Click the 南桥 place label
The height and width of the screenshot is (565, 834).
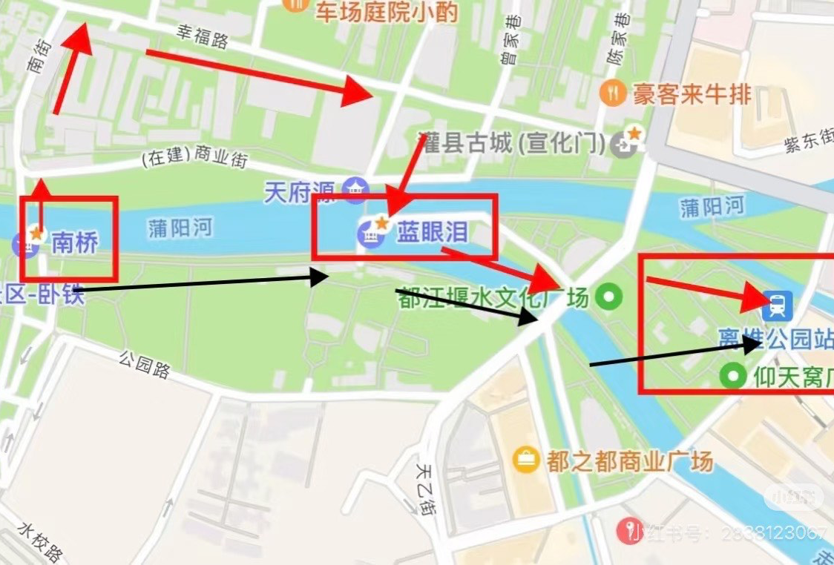pyautogui.click(x=74, y=242)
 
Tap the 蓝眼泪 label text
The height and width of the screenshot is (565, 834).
pyautogui.click(x=433, y=233)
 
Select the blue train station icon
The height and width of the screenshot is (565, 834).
pyautogui.click(x=778, y=303)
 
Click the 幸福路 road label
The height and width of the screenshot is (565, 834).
pyautogui.click(x=202, y=37)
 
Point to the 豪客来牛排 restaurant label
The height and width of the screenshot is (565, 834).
pyautogui.click(x=692, y=94)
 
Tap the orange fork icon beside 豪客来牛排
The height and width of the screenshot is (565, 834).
pyautogui.click(x=612, y=93)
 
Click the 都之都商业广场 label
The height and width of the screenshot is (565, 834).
pyautogui.click(x=630, y=460)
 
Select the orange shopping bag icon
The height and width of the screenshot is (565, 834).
pyautogui.click(x=526, y=460)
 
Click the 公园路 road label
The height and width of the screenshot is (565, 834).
pyautogui.click(x=144, y=366)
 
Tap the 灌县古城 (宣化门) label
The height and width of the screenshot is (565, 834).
pyautogui.click(x=512, y=142)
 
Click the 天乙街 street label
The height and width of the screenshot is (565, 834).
pyautogui.click(x=424, y=489)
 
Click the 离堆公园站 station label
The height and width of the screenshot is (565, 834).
pyautogui.click(x=775, y=338)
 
